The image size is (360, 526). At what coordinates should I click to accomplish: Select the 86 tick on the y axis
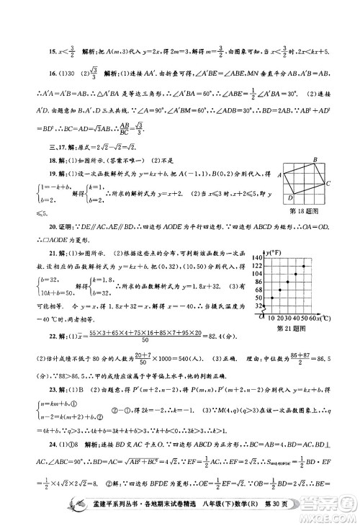(x=261, y=282)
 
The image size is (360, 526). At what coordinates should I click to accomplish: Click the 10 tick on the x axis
(x=272, y=317)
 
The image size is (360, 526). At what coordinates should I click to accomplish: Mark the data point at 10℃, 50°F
(x=272, y=298)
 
